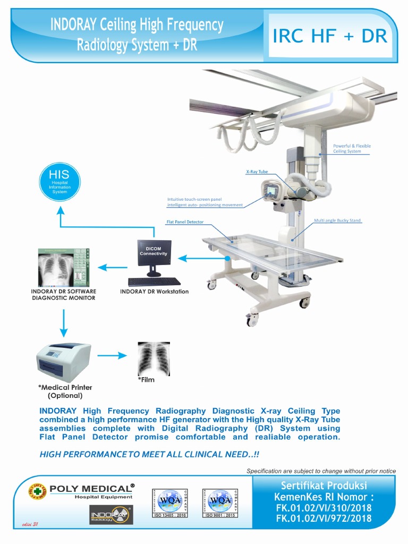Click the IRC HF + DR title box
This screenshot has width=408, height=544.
329,37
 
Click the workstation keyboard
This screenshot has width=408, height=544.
154,282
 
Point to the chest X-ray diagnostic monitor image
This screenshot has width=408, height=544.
63,267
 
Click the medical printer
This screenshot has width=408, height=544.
63,362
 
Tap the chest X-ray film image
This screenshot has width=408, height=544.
154,359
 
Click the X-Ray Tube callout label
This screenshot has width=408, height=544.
256,172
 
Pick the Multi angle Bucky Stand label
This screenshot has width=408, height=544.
337,220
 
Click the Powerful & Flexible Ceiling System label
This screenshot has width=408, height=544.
352,148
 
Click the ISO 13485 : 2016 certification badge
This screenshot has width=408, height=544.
170,503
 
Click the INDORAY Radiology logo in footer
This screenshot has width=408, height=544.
111,515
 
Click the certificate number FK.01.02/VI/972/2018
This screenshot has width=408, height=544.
324,518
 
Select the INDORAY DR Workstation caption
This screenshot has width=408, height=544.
154,292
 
